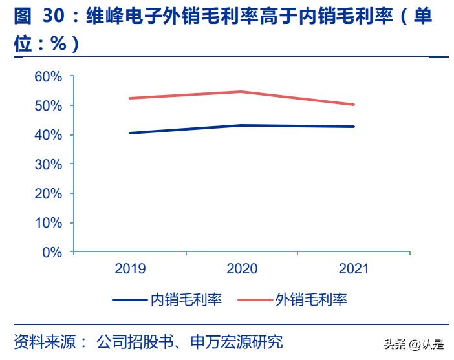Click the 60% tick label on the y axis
point(49,76)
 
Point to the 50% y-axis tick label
point(49,105)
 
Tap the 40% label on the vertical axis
point(49,135)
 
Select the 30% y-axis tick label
point(49,164)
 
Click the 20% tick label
point(49,193)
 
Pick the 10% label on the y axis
point(49,223)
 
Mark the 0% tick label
point(52,252)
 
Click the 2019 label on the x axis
point(130,269)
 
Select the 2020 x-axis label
point(242,269)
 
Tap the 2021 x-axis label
point(353,269)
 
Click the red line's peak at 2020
point(242,92)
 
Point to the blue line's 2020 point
point(242,125)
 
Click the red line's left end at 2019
point(130,98)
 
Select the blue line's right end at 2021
point(354,127)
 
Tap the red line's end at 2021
point(354,105)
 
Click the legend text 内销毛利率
point(186,300)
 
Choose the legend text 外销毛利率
point(311,300)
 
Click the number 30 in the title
point(54,17)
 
